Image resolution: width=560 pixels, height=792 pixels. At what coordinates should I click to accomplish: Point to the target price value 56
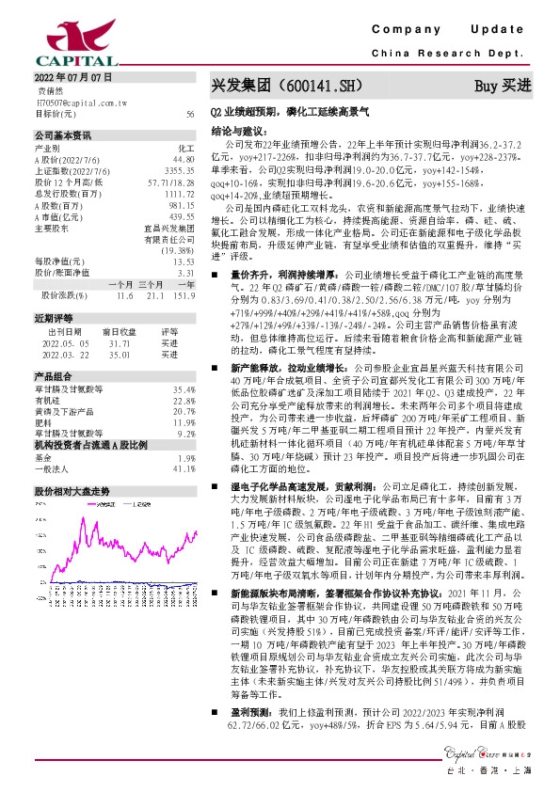190,113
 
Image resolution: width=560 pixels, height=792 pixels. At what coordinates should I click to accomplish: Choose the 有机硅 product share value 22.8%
184,399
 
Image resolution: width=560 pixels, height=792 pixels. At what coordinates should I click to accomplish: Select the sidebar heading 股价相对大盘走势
72,491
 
